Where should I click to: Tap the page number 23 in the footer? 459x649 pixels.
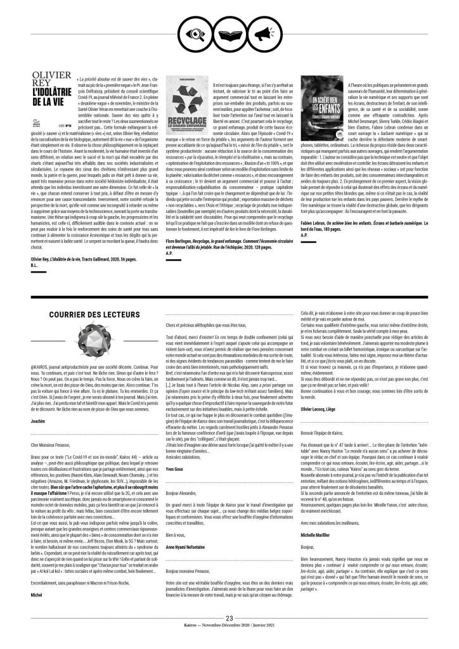click(x=229, y=635)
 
